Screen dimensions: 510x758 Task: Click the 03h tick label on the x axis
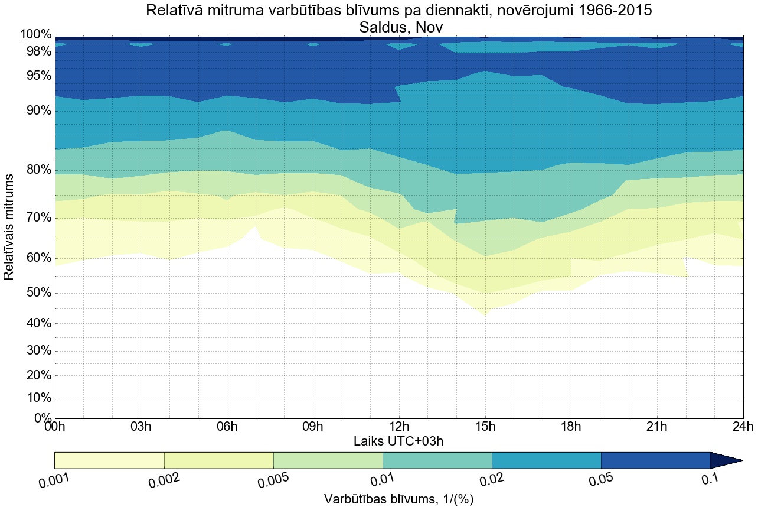141,427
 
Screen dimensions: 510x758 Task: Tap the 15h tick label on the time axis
485,427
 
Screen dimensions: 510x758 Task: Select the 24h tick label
743,427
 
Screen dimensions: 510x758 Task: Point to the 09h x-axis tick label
312,427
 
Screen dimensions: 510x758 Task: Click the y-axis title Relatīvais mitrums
9,227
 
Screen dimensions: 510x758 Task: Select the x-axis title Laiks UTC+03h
398,441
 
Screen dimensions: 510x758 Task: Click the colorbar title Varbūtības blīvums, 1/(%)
398,499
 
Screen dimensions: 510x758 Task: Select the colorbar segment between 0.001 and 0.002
109,460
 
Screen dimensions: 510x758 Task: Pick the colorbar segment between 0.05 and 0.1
655,460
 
